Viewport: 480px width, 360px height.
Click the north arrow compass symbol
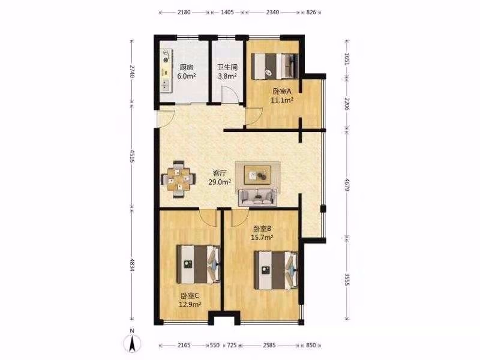tap(132, 343)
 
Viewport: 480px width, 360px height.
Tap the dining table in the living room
tap(178, 179)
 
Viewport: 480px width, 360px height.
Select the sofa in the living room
tap(257, 197)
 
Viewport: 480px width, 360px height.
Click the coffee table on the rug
tap(257, 175)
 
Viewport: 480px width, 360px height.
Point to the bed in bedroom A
tap(275, 66)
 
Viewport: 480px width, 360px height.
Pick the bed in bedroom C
tap(199, 264)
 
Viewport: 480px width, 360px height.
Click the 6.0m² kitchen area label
tap(187, 76)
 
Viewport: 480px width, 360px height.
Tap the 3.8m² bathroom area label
tap(227, 76)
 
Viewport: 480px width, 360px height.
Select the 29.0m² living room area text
tap(220, 182)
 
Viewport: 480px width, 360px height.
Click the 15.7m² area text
tap(262, 237)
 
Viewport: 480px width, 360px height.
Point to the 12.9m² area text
tap(190, 304)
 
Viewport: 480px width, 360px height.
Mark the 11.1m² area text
tap(282, 100)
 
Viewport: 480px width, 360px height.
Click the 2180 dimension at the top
tap(184, 12)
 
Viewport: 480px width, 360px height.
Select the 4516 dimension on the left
tap(132, 156)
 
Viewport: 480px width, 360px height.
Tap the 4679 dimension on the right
tap(347, 185)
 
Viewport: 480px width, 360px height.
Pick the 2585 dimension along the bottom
tap(269, 345)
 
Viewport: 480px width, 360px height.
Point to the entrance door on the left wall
tap(166, 118)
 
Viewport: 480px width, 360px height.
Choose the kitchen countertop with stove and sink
tap(166, 71)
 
